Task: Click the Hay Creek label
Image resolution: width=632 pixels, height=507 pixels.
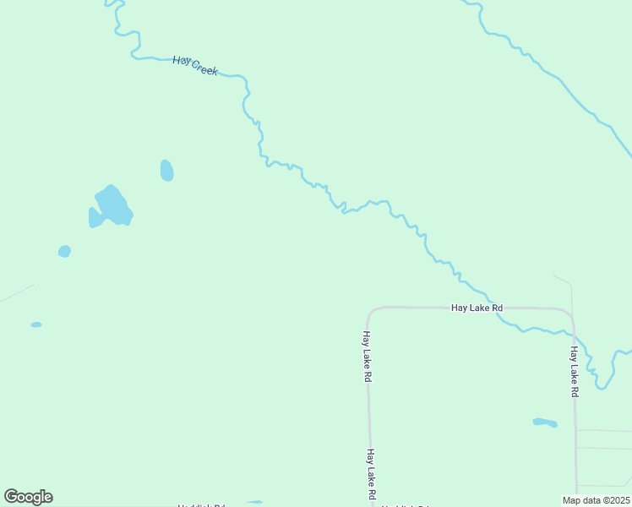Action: pyautogui.click(x=195, y=66)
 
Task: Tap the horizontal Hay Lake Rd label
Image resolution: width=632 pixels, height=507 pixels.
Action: pyautogui.click(x=477, y=308)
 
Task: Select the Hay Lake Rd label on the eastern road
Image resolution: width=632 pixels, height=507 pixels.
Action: pyautogui.click(x=575, y=372)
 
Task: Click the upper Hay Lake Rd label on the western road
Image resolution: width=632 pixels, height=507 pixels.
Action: pyautogui.click(x=368, y=357)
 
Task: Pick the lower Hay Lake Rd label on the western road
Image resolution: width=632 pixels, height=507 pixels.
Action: pyautogui.click(x=370, y=473)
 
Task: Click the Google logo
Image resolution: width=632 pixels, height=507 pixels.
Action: pyautogui.click(x=28, y=497)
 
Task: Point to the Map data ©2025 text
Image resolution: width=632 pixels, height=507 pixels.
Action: pyautogui.click(x=596, y=500)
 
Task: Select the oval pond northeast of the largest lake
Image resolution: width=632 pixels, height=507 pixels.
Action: pyautogui.click(x=166, y=171)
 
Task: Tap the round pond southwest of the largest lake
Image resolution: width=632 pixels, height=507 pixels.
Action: pyautogui.click(x=64, y=251)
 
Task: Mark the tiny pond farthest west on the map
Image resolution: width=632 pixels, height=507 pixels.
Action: pyautogui.click(x=36, y=324)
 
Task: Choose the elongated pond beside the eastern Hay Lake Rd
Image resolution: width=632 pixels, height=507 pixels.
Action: pyautogui.click(x=545, y=422)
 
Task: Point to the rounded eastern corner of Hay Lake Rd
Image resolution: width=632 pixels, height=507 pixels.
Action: pyautogui.click(x=570, y=313)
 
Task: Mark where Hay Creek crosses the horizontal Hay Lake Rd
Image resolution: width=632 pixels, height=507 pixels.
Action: pyautogui.click(x=495, y=309)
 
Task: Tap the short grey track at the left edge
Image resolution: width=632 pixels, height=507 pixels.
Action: pyautogui.click(x=17, y=292)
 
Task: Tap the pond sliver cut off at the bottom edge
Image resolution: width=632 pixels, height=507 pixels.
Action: pyautogui.click(x=254, y=504)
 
